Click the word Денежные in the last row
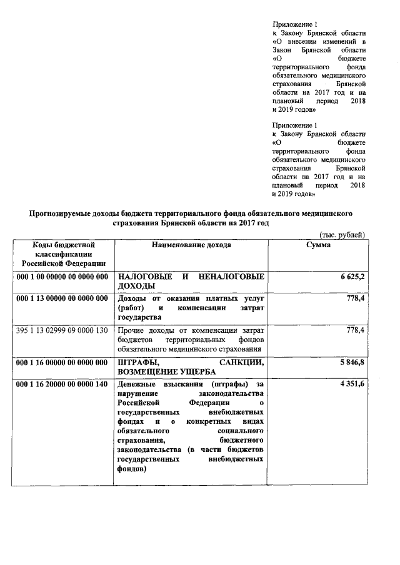[137, 383]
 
